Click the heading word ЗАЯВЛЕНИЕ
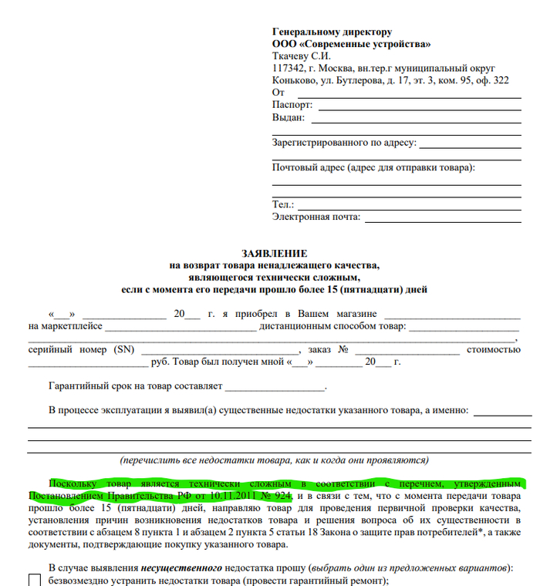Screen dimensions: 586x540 click(274, 254)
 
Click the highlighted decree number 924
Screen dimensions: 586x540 click(281, 494)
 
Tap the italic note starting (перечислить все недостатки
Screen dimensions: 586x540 click(273, 460)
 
